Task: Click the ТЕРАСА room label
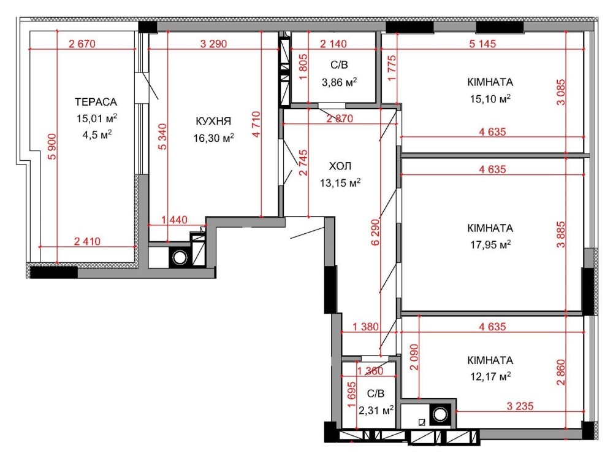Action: point(96,102)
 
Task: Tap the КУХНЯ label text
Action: point(213,122)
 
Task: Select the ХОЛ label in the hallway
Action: point(340,166)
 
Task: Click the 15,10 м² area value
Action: point(490,99)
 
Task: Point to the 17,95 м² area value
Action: point(490,244)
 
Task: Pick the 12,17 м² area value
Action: point(490,376)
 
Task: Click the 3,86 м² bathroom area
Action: point(339,82)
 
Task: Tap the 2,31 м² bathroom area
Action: point(376,410)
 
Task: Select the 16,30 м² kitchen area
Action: point(214,138)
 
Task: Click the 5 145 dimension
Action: point(482,44)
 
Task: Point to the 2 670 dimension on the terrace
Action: point(82,44)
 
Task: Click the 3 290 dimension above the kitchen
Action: point(213,44)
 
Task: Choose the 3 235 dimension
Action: point(520,406)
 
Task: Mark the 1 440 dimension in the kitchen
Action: point(174,220)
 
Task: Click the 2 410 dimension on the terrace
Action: point(87,241)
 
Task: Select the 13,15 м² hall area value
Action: point(340,183)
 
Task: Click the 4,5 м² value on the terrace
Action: point(96,135)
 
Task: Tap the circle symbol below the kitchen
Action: point(180,257)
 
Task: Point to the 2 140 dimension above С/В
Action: point(333,44)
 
